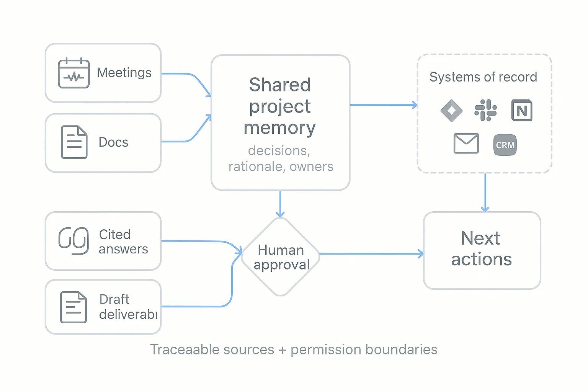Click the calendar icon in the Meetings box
click(74, 73)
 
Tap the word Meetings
click(124, 73)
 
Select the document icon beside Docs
click(74, 142)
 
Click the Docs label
click(113, 142)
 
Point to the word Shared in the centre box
click(280, 85)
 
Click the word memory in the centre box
click(280, 128)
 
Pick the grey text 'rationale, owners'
click(281, 167)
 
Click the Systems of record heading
click(483, 77)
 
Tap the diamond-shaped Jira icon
click(451, 111)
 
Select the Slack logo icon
click(485, 110)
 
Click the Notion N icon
click(522, 111)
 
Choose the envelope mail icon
click(466, 144)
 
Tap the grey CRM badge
click(505, 145)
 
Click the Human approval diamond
click(281, 257)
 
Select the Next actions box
click(482, 250)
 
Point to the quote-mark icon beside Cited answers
click(74, 241)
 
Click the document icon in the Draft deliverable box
click(73, 307)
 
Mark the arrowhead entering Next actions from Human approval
click(421, 254)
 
